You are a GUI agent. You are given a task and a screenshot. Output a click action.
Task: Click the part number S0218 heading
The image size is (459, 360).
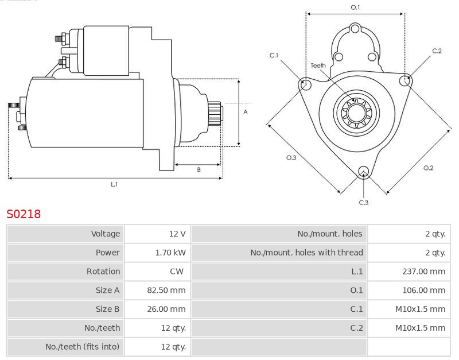24,214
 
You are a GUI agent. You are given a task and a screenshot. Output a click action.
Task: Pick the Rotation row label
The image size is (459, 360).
103,271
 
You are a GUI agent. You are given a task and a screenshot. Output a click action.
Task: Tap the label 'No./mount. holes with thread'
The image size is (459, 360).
306,253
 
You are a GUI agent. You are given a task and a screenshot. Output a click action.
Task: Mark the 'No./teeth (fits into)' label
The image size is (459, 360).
83,347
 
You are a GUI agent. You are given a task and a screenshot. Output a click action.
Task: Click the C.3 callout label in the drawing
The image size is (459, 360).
363,202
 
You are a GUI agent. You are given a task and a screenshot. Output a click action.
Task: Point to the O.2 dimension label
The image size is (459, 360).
428,168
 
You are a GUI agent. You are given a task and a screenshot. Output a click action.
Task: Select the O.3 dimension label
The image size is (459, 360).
291,158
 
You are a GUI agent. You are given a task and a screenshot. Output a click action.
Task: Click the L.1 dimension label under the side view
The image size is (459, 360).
114,184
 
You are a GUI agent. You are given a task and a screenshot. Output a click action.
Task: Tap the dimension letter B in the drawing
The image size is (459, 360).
199,169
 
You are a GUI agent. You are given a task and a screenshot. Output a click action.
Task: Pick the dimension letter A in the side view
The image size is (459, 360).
246,112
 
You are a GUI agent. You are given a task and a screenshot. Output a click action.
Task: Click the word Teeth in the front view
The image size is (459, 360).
318,65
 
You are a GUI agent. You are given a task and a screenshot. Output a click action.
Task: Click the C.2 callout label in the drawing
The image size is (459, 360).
437,51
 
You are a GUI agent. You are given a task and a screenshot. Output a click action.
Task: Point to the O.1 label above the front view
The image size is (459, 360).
355,7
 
